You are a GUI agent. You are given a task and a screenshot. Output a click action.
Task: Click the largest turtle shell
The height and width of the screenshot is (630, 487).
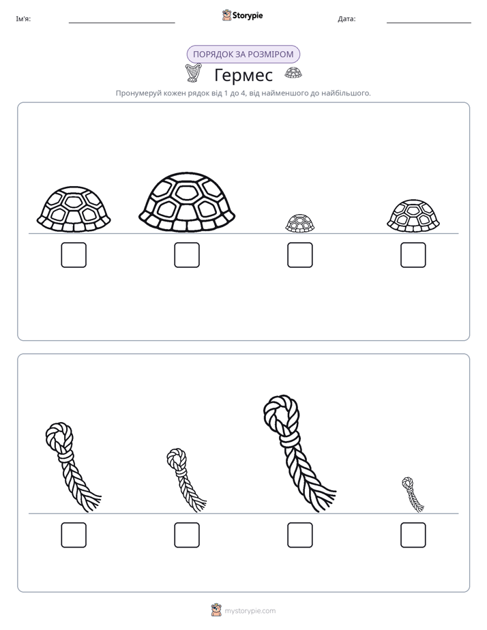pyautogui.click(x=187, y=202)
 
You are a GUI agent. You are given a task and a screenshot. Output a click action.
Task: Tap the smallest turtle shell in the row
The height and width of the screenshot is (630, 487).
pyautogui.click(x=300, y=224)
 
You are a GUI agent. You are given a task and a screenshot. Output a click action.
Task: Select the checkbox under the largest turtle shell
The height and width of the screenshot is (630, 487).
pyautogui.click(x=187, y=255)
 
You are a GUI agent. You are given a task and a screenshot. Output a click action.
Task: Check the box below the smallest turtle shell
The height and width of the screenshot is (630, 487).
pyautogui.click(x=300, y=255)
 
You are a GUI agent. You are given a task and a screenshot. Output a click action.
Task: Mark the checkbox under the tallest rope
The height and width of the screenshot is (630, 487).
pyautogui.click(x=300, y=535)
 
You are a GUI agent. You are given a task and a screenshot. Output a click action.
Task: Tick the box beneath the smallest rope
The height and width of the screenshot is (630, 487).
pyautogui.click(x=413, y=535)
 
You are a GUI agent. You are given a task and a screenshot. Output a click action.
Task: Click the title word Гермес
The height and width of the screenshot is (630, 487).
pyautogui.click(x=243, y=75)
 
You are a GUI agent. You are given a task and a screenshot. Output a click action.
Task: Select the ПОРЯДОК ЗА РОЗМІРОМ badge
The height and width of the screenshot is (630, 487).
pyautogui.click(x=243, y=55)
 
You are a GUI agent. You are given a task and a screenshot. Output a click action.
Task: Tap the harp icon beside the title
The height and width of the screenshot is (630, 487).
pyautogui.click(x=193, y=73)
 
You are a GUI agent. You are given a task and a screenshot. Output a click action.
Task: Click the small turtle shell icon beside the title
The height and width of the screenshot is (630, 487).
pyautogui.click(x=293, y=73)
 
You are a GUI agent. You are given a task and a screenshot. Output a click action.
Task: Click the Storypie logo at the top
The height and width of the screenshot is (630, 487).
pyautogui.click(x=242, y=15)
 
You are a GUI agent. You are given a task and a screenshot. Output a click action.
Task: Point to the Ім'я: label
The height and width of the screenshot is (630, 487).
pyautogui.click(x=23, y=19)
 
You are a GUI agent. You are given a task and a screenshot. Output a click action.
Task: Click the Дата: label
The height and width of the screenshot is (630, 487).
pyautogui.click(x=346, y=19)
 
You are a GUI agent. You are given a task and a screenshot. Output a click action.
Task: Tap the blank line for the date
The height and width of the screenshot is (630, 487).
pyautogui.click(x=429, y=23)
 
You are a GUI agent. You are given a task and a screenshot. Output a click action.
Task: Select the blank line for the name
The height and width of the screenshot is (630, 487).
pyautogui.click(x=121, y=23)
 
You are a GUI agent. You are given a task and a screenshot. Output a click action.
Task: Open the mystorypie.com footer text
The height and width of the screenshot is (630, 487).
pyautogui.click(x=250, y=611)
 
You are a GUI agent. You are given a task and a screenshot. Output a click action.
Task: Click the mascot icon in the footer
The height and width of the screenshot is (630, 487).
pyautogui.click(x=217, y=610)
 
